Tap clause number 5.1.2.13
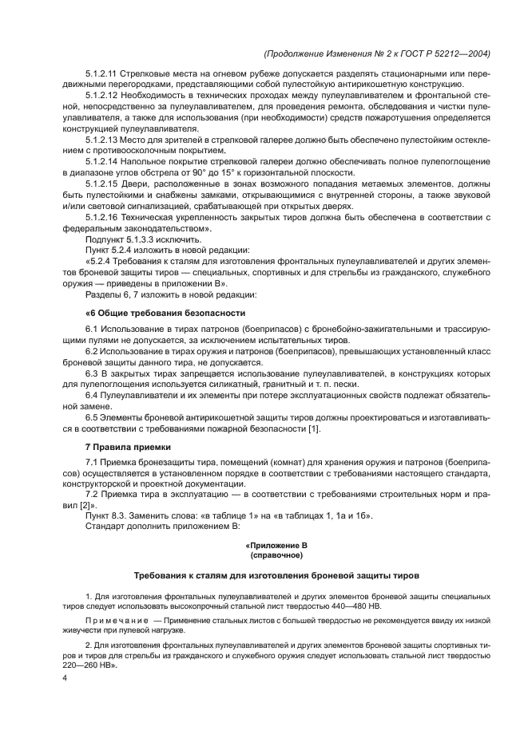tap(103, 139)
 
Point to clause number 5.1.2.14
tap(103, 161)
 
